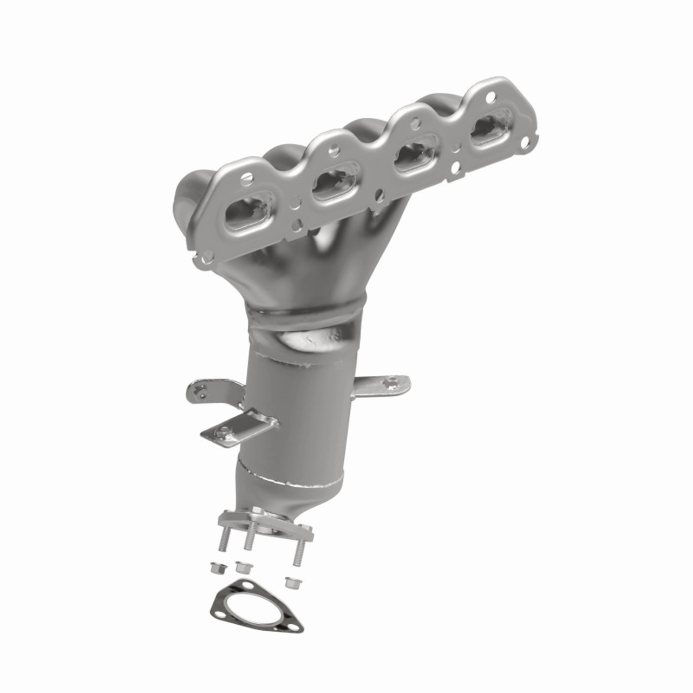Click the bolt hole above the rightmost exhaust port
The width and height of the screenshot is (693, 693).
[x=492, y=97]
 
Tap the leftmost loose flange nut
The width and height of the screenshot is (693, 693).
[x=215, y=568]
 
